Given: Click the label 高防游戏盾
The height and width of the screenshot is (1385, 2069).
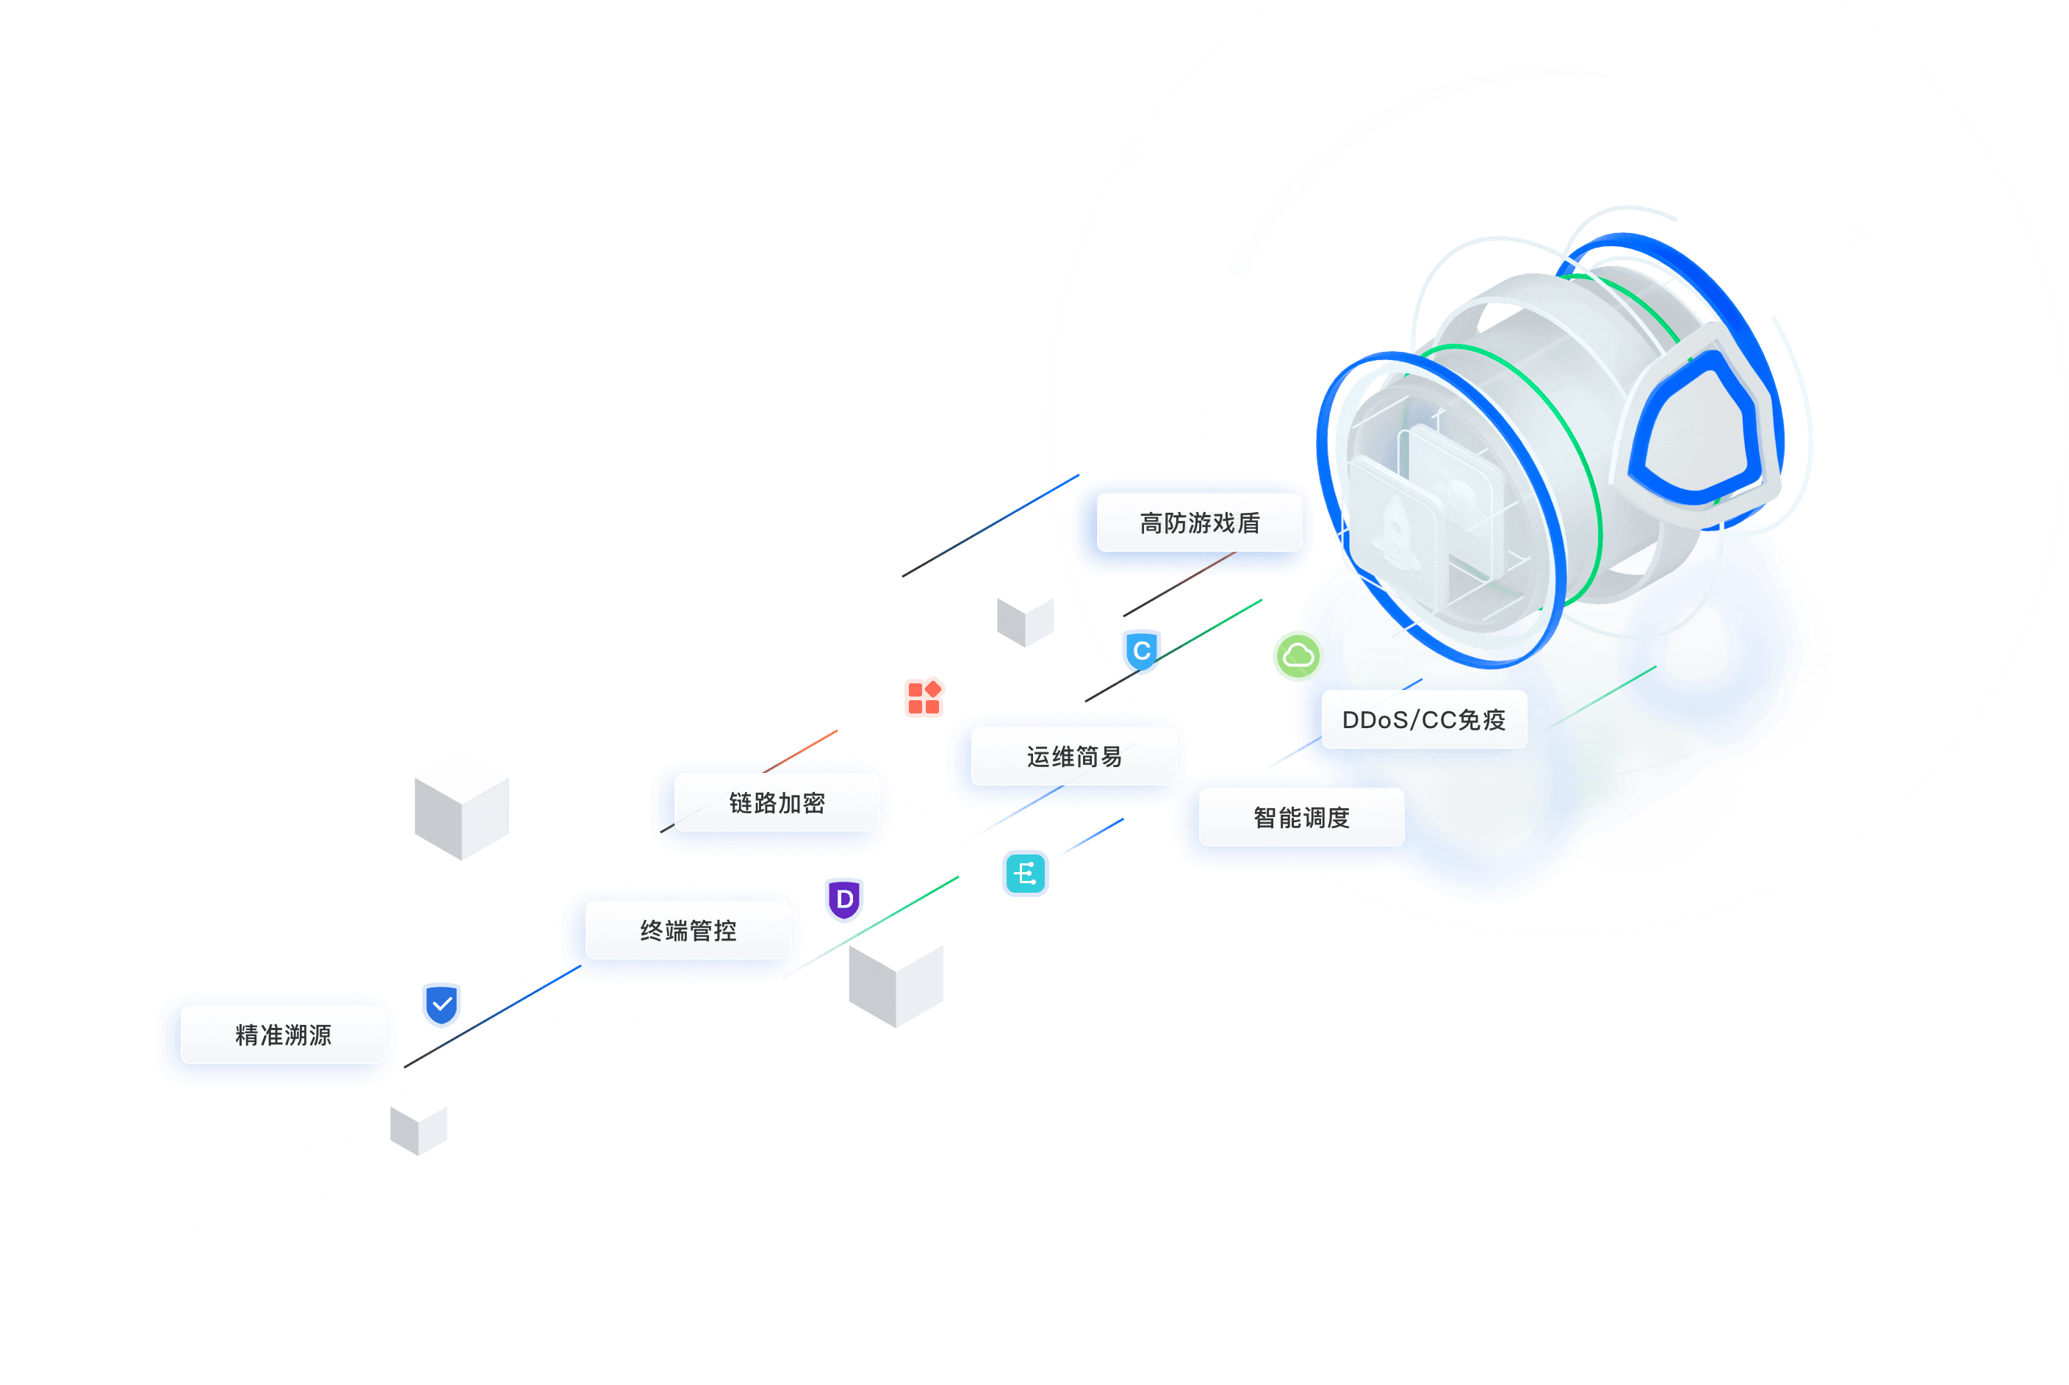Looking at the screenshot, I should pyautogui.click(x=1198, y=523).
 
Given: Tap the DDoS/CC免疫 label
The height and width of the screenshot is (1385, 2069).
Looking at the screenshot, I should pyautogui.click(x=1423, y=720).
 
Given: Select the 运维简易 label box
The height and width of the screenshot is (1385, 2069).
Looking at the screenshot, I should pyautogui.click(x=1073, y=756).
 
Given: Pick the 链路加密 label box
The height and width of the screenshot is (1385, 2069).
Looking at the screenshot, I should pyautogui.click(x=776, y=803).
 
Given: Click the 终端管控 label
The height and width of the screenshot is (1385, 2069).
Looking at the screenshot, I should pyautogui.click(x=688, y=930).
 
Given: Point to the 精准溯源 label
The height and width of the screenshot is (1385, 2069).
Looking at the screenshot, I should pyautogui.click(x=283, y=1035).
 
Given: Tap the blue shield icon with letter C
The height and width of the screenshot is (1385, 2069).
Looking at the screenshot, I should pyautogui.click(x=1142, y=652).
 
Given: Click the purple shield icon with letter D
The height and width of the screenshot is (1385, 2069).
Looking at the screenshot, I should pyautogui.click(x=844, y=900).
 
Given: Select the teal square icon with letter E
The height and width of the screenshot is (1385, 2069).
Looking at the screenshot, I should pyautogui.click(x=1025, y=874).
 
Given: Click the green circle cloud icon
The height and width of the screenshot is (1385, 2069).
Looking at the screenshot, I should pyautogui.click(x=1298, y=655).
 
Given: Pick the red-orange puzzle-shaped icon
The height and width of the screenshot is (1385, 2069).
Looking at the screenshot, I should pyautogui.click(x=924, y=697).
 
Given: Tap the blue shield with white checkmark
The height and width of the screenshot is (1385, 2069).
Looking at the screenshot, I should pyautogui.click(x=442, y=1004).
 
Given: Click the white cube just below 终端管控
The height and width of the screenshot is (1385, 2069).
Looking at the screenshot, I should pyautogui.click(x=896, y=974).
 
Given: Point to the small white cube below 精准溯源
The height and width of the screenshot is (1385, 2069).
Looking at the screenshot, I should pyautogui.click(x=419, y=1123).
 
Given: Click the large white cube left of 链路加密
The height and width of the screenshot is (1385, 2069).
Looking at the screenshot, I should pyautogui.click(x=461, y=805).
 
